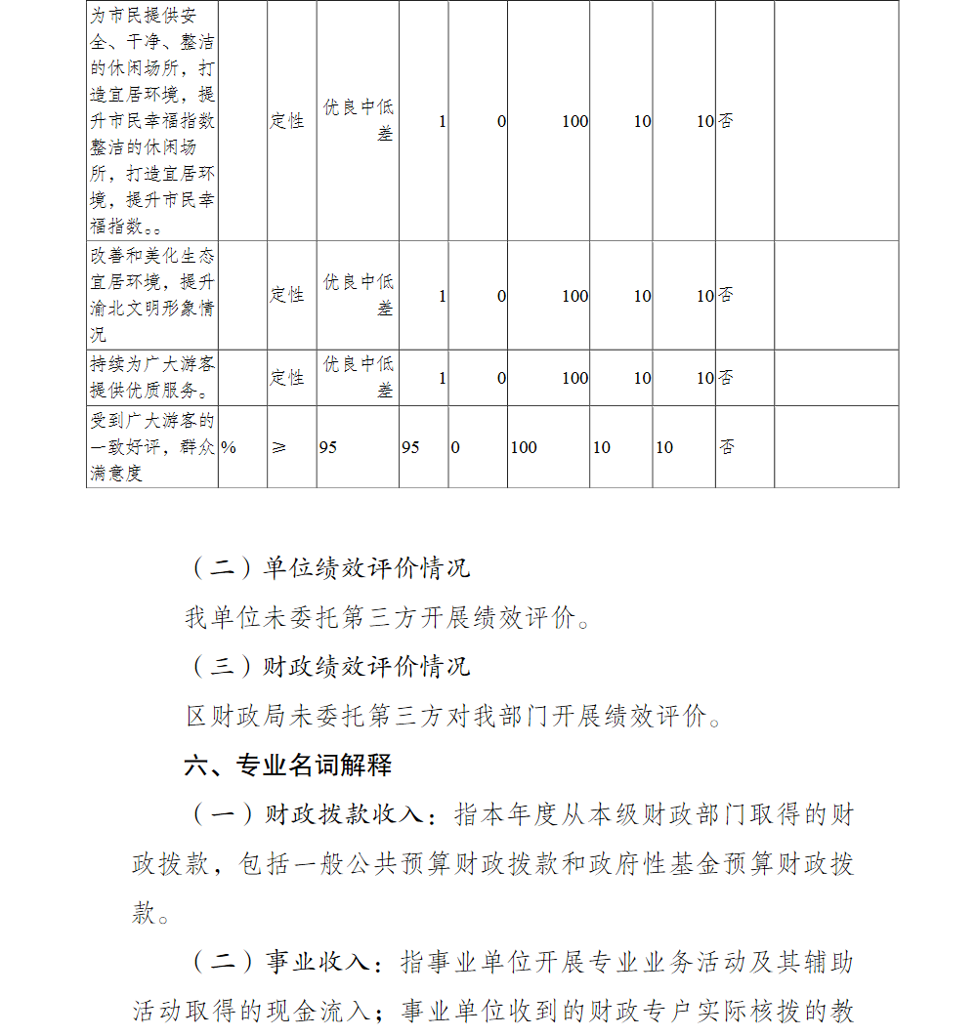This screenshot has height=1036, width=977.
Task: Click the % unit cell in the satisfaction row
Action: pos(229,447)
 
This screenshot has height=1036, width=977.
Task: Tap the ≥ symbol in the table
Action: pos(279,447)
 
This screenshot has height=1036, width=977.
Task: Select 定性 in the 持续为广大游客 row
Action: pos(287,378)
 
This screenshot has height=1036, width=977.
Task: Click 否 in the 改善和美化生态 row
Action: pos(726,296)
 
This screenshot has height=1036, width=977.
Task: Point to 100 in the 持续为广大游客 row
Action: pos(574,378)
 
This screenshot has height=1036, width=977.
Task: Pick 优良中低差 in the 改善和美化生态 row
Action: pos(359,294)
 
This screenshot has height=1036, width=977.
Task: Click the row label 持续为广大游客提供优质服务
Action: pos(151,377)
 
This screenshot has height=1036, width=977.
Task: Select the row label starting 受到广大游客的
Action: pos(151,447)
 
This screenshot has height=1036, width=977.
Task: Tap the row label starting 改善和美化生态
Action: pos(151,295)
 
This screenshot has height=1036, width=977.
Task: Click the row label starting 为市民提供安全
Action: pos(151,121)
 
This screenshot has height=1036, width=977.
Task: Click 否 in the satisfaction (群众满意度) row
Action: pos(727,447)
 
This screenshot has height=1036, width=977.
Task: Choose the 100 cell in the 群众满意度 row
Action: pos(524,447)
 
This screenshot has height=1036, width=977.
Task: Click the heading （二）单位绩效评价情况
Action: pos(328,567)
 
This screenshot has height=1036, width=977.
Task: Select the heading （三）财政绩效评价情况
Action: pos(328,667)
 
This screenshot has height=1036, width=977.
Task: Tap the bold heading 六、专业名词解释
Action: pos(288,766)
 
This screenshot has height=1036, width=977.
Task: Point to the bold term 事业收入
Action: pos(318,963)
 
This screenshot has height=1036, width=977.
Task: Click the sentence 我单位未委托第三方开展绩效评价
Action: pos(387,617)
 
